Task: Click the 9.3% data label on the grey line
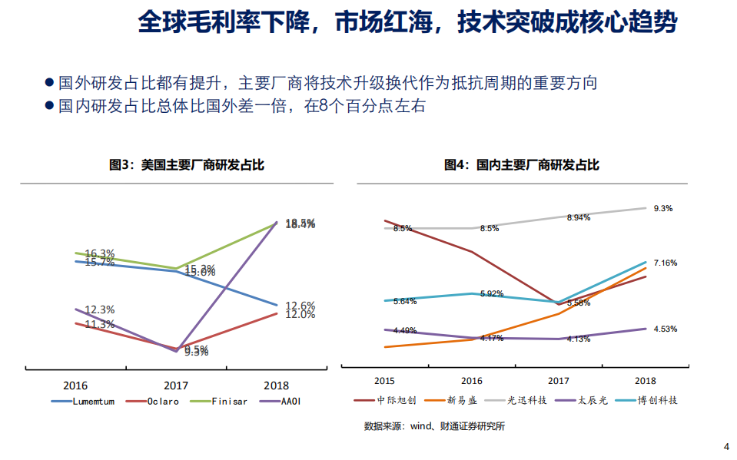[x=663, y=208]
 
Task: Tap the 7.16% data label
[x=665, y=263]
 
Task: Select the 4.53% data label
[x=665, y=329]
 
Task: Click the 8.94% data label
[x=579, y=218]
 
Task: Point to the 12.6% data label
[x=300, y=306]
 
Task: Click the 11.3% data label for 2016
[x=99, y=324]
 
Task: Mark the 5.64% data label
[x=404, y=301]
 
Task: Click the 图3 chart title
[x=176, y=165]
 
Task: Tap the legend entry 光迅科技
[x=526, y=401]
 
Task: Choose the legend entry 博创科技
[x=660, y=401]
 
